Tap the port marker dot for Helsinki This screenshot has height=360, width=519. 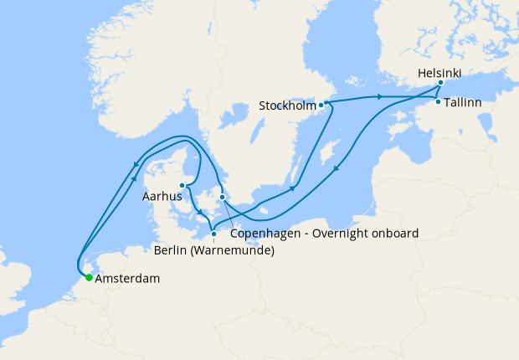pos(440,85)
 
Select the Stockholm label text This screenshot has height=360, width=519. pos(287,106)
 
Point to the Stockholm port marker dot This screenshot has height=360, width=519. pos(321,105)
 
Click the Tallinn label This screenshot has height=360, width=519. pos(463,102)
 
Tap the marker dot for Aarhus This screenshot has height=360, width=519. pos(182,186)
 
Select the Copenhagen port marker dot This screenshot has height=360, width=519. pos(222,198)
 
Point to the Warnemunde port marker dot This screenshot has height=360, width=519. pos(213,234)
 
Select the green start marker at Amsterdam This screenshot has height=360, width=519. pos(89,278)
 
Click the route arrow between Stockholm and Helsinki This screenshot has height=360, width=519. pos(381,98)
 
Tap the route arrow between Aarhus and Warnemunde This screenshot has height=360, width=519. pos(198,212)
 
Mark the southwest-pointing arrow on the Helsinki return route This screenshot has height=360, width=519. pos(337,170)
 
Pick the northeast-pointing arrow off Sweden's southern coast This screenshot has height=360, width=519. pos(292,187)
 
